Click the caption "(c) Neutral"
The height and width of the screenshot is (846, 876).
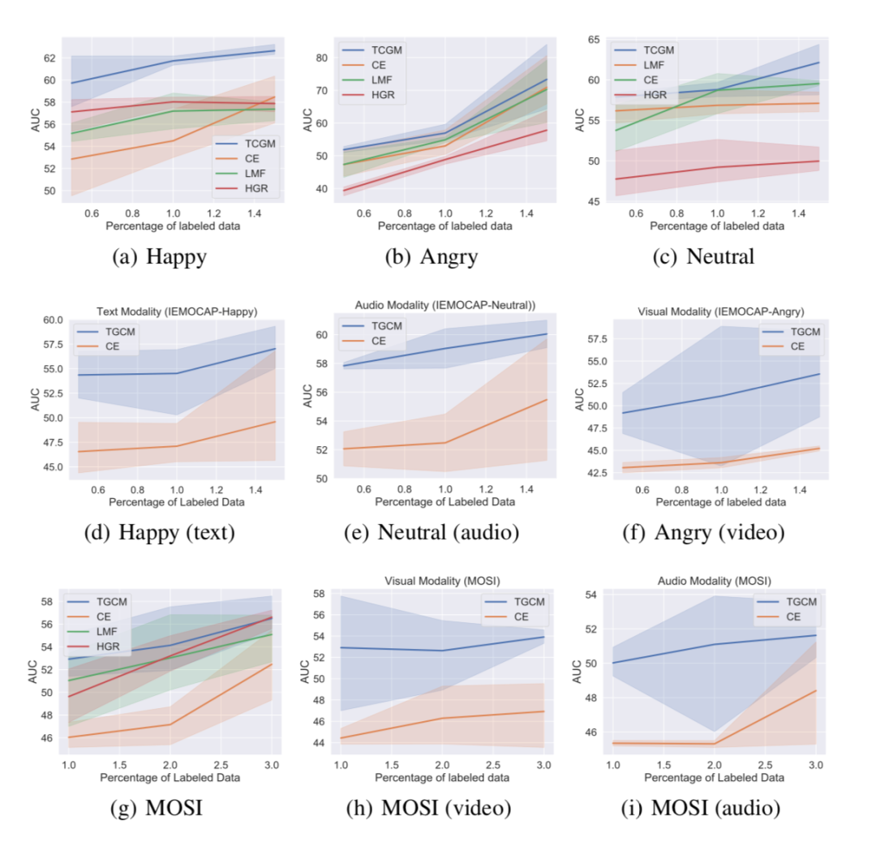pyautogui.click(x=703, y=258)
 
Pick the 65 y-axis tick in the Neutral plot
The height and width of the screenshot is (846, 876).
pyautogui.click(x=593, y=39)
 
